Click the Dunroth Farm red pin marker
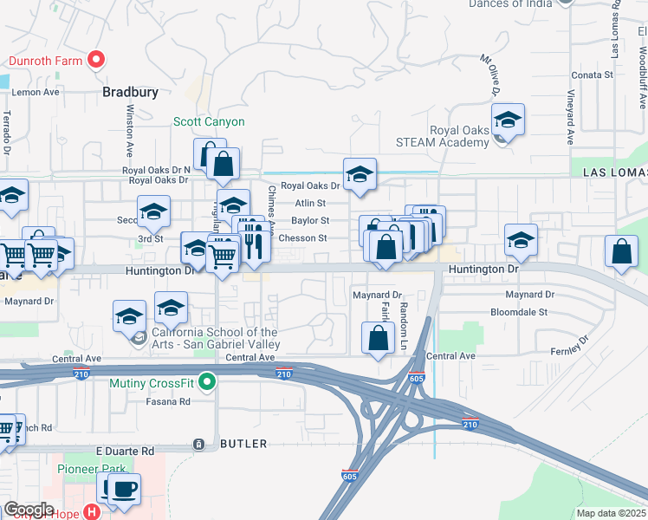[x=97, y=60]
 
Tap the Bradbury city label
[x=130, y=91]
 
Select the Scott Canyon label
[x=209, y=122]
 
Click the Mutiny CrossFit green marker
[x=206, y=380]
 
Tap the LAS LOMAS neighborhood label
[x=615, y=172]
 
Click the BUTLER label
[x=238, y=443]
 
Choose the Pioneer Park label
[x=86, y=469]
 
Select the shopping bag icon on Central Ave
[x=378, y=339]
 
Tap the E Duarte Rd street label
[x=124, y=452]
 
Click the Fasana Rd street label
[x=168, y=401]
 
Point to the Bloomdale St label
[x=519, y=311]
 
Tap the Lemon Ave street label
[x=36, y=92]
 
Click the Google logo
[x=29, y=510]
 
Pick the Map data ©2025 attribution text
[x=611, y=513]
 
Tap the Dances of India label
[x=509, y=4]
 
